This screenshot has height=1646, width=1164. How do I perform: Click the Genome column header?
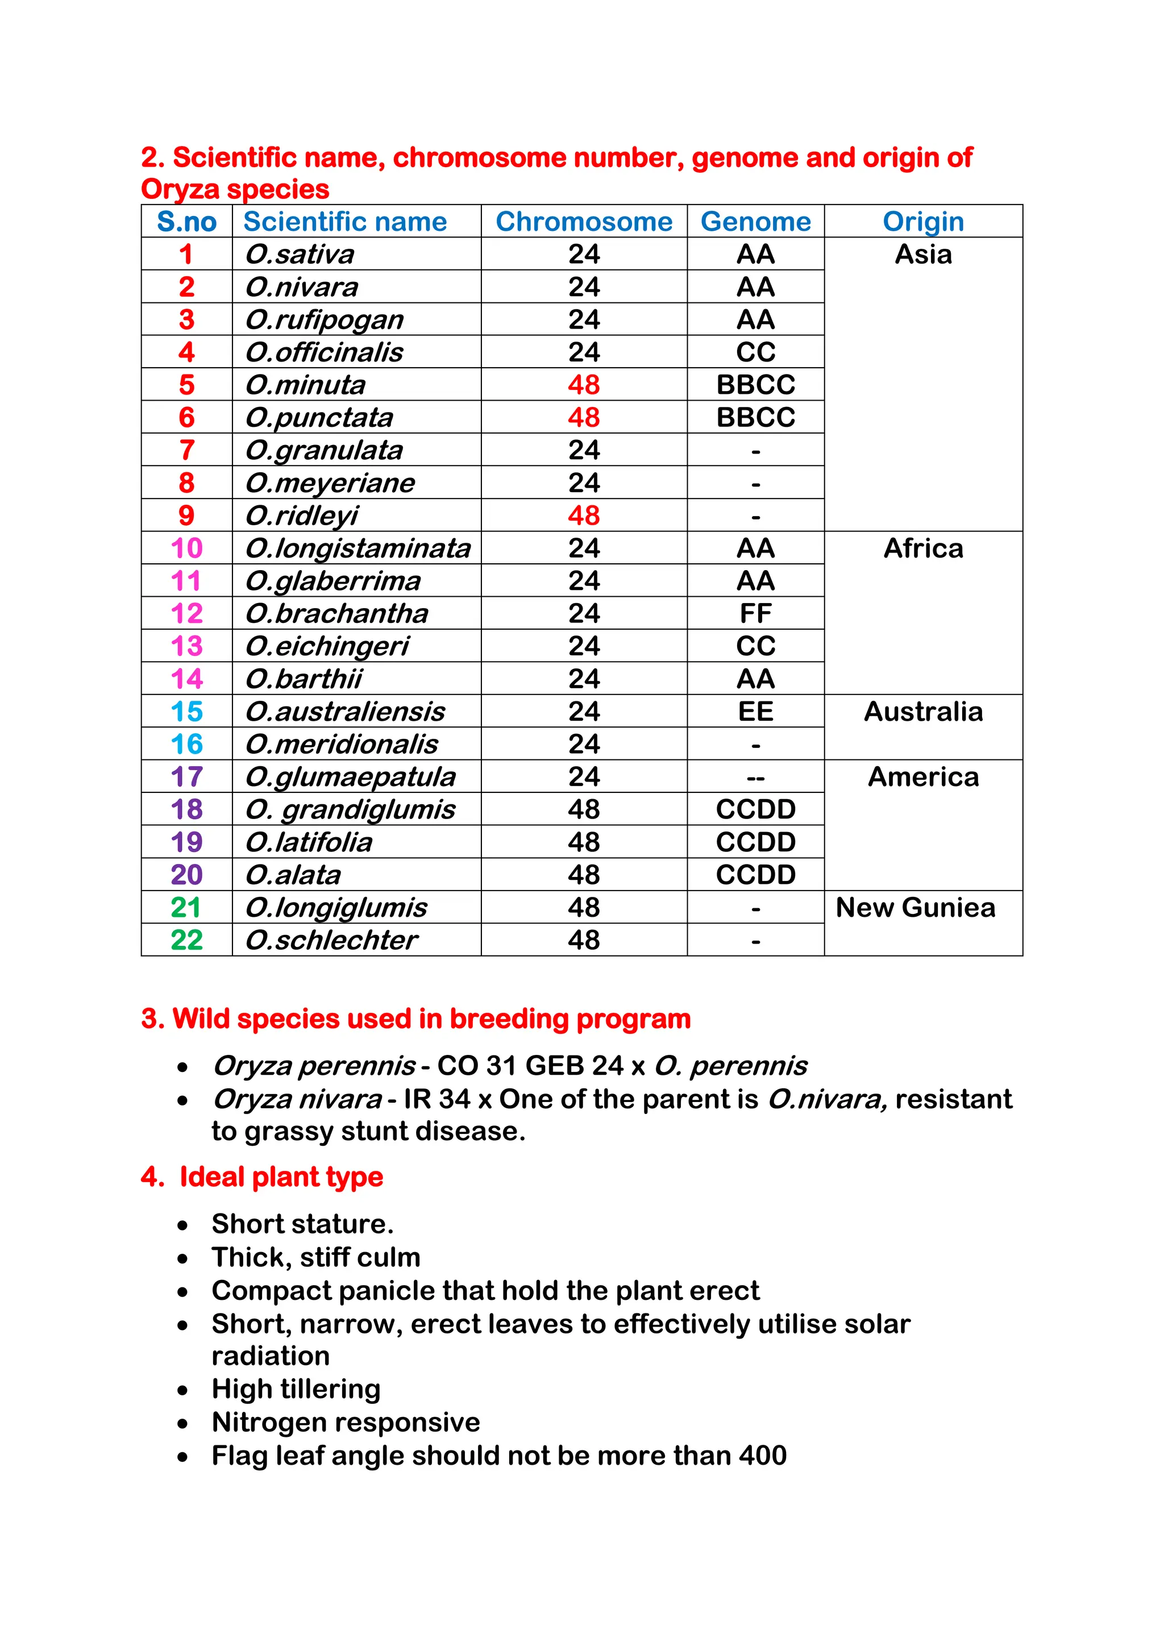tap(755, 222)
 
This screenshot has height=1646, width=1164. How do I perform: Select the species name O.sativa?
tap(300, 255)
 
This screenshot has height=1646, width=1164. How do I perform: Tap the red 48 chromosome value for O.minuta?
tap(584, 385)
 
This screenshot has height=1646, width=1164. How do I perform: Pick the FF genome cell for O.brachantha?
tap(755, 614)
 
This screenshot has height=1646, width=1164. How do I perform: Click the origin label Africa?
tap(922, 548)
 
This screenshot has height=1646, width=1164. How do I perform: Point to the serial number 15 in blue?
tap(186, 712)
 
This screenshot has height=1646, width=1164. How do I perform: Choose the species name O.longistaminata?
tap(357, 548)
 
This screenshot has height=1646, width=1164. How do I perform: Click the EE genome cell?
tap(755, 712)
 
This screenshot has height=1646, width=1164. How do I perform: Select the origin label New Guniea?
tap(915, 908)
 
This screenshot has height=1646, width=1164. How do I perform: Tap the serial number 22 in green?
tap(186, 940)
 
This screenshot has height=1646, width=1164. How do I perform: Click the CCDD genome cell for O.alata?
tap(755, 875)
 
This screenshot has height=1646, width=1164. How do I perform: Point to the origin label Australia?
tap(922, 712)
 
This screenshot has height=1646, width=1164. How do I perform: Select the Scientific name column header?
tap(345, 222)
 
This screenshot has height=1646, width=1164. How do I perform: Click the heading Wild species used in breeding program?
tap(415, 1019)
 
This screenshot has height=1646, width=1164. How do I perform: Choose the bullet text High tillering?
tap(296, 1389)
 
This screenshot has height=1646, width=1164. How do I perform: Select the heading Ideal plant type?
tap(280, 1177)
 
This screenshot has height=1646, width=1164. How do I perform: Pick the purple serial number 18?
tap(186, 809)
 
